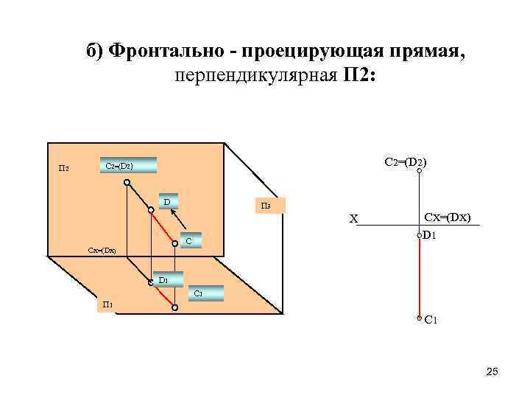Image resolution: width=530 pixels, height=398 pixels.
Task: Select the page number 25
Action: coord(492,371)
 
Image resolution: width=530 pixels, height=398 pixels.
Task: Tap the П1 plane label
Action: coord(107,304)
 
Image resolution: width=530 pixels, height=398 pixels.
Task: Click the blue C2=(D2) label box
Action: coord(128,166)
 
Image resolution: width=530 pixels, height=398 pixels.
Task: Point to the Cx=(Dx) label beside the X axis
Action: coord(448,217)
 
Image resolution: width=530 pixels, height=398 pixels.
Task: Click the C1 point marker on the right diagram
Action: coord(419,318)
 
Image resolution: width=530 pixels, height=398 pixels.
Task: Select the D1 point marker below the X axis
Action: coord(419,236)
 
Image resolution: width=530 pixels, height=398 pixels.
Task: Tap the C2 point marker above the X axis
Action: coord(419,172)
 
